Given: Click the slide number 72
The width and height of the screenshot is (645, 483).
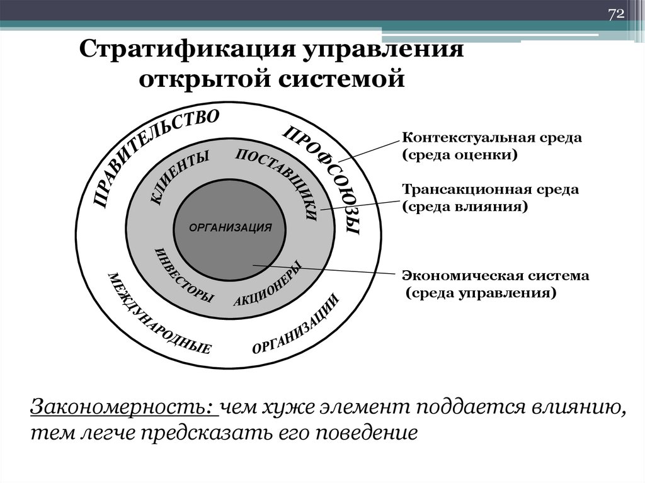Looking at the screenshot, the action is [x=615, y=14].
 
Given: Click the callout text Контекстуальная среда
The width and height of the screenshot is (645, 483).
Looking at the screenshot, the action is [x=491, y=138].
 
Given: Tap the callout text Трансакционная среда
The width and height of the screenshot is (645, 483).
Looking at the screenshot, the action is [x=491, y=189].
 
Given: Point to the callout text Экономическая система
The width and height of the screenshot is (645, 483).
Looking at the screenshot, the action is [x=496, y=276].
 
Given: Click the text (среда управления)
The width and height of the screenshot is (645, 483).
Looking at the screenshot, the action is [x=481, y=293].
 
